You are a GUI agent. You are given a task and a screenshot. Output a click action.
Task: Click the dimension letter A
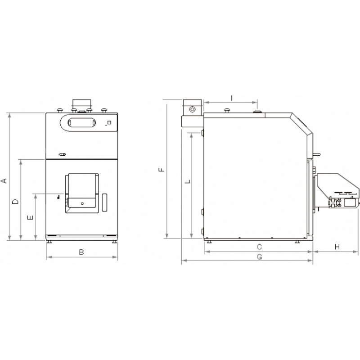(x=4, y=180)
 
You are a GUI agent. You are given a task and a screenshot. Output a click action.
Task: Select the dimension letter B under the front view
(x=81, y=252)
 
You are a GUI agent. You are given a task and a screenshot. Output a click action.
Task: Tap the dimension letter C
(x=259, y=247)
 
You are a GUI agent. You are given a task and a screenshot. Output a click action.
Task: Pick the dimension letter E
(x=30, y=218)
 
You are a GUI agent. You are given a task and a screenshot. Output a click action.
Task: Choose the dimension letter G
(x=259, y=256)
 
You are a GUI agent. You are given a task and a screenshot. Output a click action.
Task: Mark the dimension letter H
(x=337, y=247)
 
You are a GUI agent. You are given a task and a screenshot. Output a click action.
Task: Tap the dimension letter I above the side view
(x=231, y=97)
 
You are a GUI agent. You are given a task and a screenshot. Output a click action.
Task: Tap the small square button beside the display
(x=108, y=123)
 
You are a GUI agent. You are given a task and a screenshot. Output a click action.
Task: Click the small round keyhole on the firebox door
(x=82, y=203)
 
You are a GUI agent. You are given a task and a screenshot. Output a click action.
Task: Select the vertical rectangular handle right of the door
(x=104, y=202)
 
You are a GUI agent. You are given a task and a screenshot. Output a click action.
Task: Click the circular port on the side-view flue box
(x=193, y=109)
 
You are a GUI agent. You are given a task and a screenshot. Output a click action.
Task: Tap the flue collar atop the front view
(x=81, y=103)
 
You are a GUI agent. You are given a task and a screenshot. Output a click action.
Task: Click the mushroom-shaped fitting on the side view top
(x=227, y=109)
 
